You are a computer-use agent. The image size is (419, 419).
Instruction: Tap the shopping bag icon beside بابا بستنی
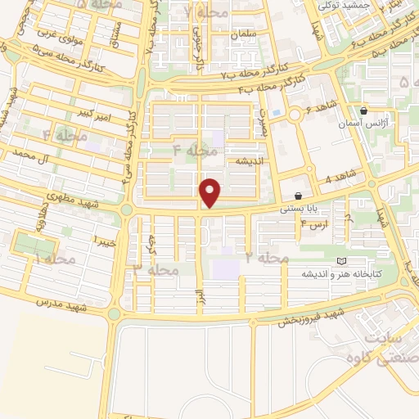[298, 196]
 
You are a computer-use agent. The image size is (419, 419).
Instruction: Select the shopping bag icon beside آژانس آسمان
[363, 110]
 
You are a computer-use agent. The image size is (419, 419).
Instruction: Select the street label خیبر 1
[103, 241]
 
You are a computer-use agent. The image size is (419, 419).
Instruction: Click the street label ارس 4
[315, 222]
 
